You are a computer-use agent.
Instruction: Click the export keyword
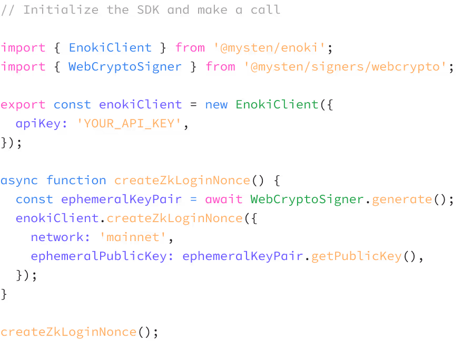coord(23,105)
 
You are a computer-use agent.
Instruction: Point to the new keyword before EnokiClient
coord(216,105)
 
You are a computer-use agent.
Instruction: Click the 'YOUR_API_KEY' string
coord(130,124)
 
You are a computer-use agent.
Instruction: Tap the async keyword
coord(19,181)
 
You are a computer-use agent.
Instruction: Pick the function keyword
coord(76,181)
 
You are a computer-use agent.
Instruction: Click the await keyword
coord(223,199)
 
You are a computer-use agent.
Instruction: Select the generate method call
coord(401,199)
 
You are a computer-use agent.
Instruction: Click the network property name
coord(57,237)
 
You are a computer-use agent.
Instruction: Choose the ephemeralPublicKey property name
coord(102,256)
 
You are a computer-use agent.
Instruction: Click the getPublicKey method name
coord(356,256)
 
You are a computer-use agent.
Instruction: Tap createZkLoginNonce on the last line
coord(68,332)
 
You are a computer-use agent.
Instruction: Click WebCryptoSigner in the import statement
coord(125,67)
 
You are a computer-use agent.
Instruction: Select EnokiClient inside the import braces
coord(110,48)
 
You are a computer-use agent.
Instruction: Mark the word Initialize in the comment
coord(61,10)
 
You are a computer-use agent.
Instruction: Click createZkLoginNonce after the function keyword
coord(182,181)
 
